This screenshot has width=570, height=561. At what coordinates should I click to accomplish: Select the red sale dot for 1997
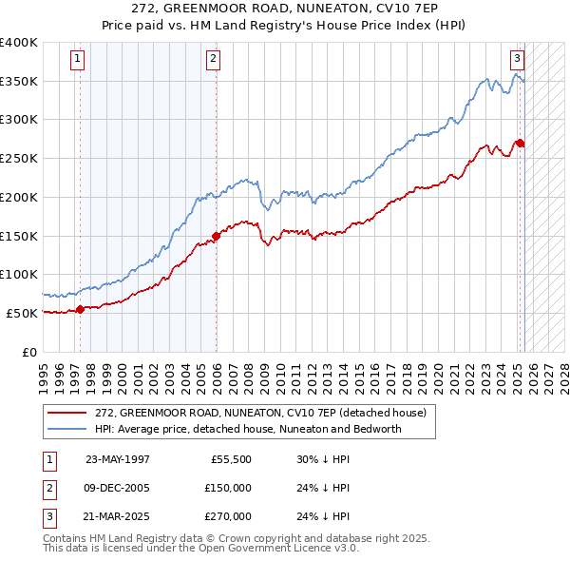click(x=81, y=308)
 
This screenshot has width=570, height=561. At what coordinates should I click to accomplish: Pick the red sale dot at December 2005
click(x=217, y=235)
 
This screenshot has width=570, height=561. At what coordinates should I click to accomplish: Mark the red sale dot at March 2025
click(x=521, y=143)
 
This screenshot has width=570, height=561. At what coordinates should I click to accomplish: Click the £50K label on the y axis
click(x=23, y=313)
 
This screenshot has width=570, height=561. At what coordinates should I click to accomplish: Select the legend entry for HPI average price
click(x=247, y=429)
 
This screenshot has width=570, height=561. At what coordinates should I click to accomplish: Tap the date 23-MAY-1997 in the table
click(x=117, y=458)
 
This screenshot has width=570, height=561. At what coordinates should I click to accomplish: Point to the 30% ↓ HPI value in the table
click(x=324, y=458)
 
